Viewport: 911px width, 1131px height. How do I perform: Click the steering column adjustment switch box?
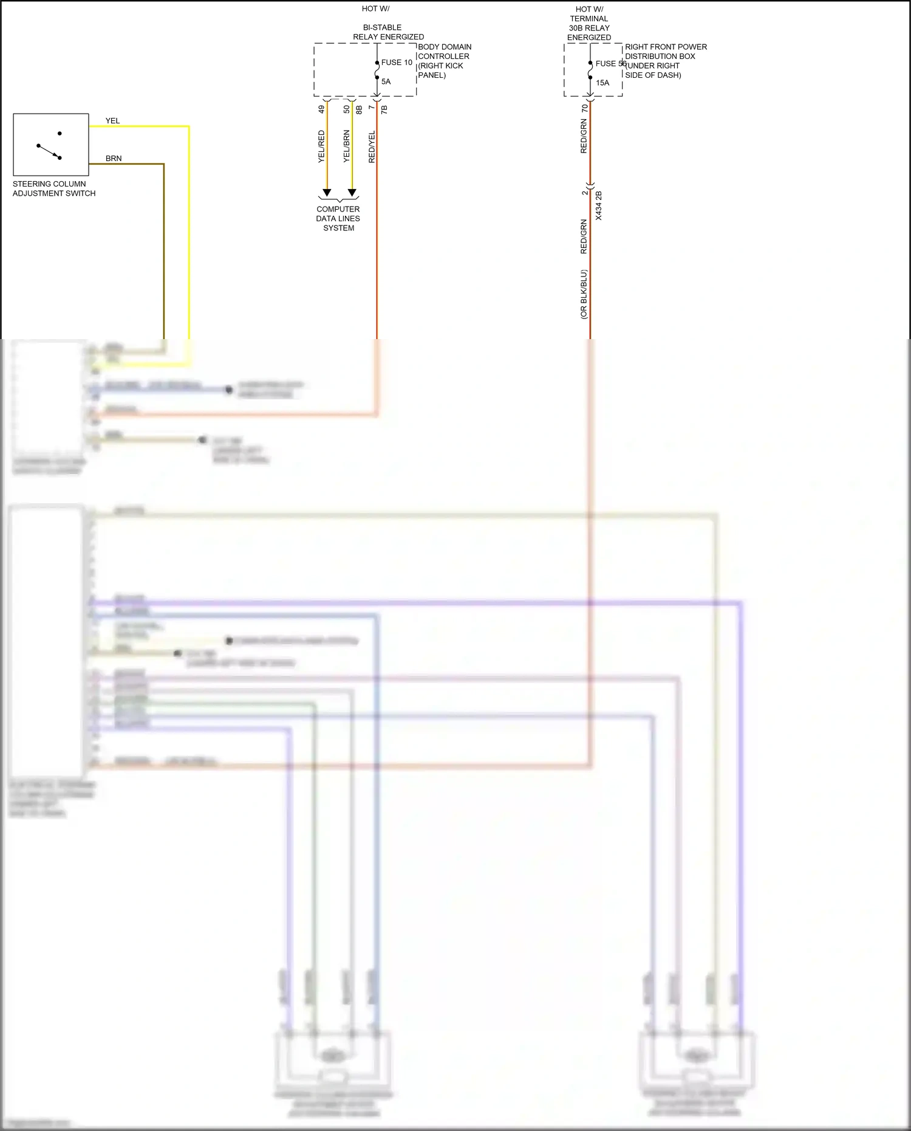[x=51, y=145]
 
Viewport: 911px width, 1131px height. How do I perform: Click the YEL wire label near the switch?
[x=112, y=121]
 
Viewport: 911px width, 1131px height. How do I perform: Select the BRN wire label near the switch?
[x=114, y=159]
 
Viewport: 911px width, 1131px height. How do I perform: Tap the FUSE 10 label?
[x=397, y=63]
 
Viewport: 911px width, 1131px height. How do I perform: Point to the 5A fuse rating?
[x=386, y=81]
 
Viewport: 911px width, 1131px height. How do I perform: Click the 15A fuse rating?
[x=602, y=83]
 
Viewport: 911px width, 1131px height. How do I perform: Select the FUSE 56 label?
[x=610, y=64]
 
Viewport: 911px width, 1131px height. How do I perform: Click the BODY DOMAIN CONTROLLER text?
[x=444, y=52]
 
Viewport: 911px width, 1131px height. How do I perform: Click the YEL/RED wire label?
[x=321, y=146]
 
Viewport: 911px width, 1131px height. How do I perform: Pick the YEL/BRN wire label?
[x=346, y=146]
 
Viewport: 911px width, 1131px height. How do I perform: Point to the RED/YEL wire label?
[x=372, y=146]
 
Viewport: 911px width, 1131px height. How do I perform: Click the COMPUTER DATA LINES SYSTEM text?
[x=338, y=218]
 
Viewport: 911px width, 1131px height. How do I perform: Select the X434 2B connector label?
[x=598, y=205]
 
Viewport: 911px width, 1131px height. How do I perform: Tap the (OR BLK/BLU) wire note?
[x=583, y=294]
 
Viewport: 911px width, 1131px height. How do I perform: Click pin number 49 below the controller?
[x=321, y=109]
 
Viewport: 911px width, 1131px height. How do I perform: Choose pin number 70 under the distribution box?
[x=584, y=108]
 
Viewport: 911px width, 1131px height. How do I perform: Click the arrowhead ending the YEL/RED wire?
[x=327, y=193]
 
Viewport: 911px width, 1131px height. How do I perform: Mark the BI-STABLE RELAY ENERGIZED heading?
[x=388, y=32]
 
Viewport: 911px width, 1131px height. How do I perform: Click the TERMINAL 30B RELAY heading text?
[x=589, y=24]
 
